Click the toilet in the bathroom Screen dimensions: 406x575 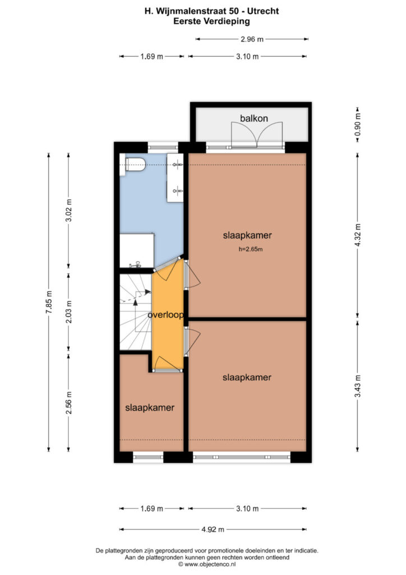135,165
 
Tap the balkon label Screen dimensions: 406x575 253,118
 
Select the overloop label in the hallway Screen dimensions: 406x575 165,315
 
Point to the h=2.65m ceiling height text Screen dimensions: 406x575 251,249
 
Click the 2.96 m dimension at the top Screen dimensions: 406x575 252,39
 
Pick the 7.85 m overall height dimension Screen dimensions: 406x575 49,302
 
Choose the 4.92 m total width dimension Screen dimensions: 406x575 213,529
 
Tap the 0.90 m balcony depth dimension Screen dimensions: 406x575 358,124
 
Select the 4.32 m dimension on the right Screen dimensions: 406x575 358,235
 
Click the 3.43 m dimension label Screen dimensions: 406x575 358,386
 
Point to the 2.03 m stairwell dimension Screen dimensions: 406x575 68,312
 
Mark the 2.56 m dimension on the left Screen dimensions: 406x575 68,403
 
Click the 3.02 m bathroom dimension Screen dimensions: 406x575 68,210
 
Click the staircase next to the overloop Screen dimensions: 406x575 136,312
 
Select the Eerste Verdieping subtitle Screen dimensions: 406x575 211,21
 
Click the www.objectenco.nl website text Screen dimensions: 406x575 210,564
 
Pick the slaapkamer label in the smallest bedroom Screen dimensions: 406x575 150,408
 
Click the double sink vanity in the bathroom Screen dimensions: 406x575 175,178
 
